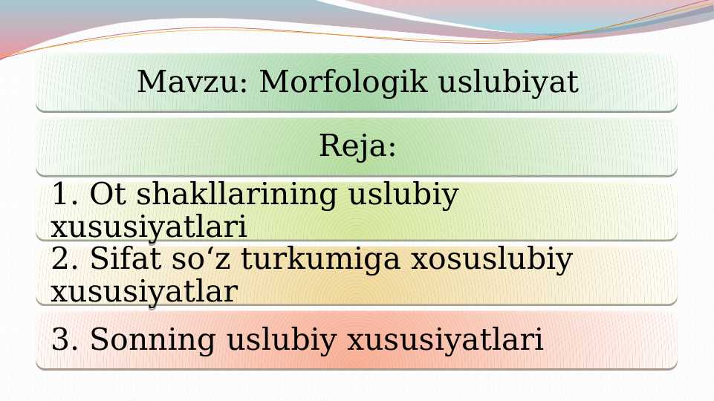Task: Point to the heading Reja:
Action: [357, 146]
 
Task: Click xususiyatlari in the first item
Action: [149, 226]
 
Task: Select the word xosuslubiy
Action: [491, 259]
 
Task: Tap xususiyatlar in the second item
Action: [143, 291]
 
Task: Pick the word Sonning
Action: [153, 341]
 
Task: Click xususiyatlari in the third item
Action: [446, 341]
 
